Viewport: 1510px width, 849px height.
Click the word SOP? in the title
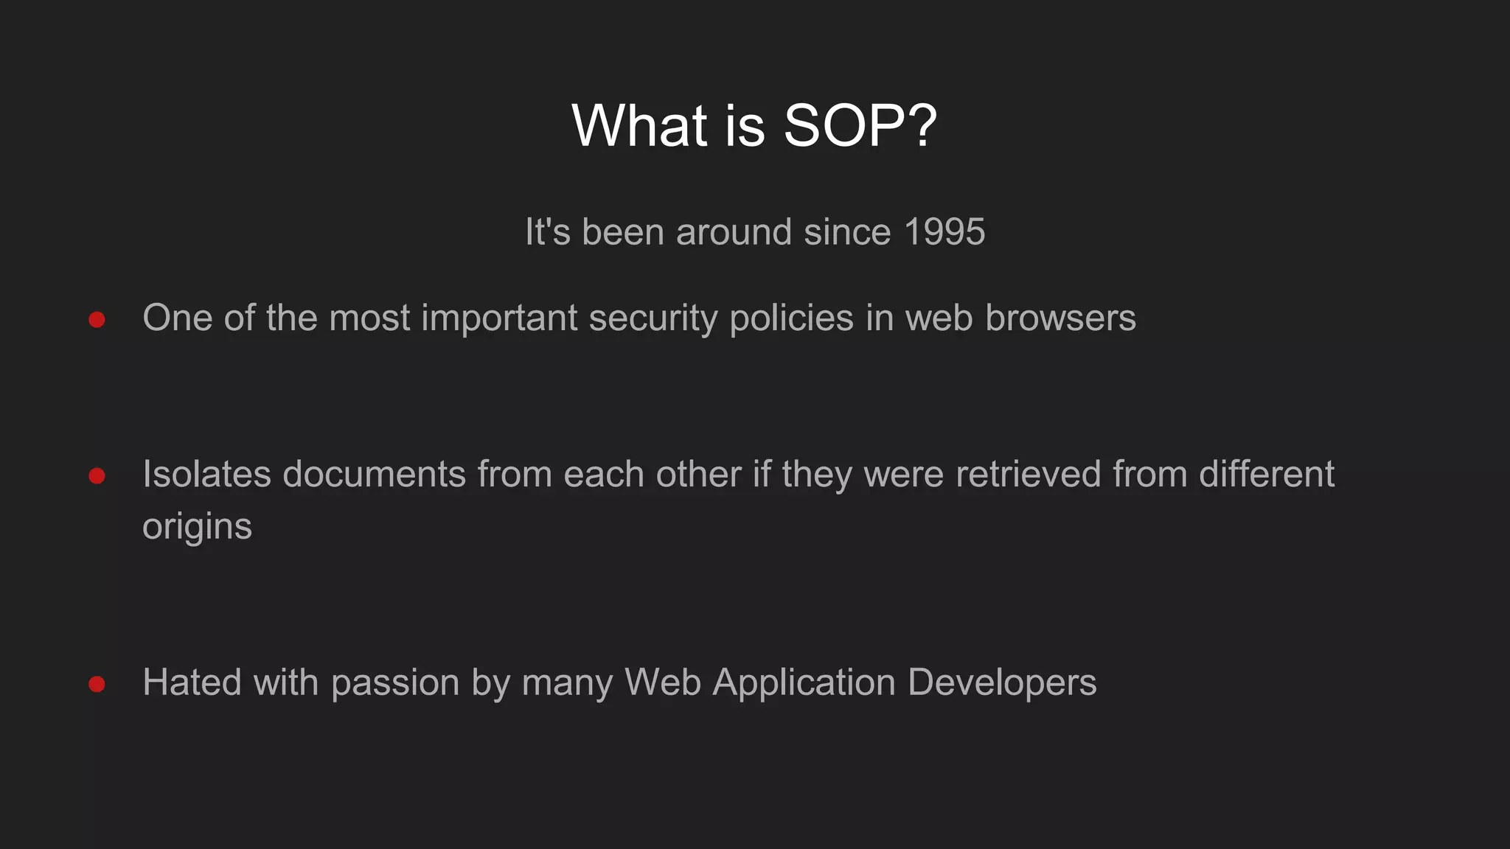(860, 126)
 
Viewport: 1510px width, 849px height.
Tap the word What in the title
(639, 126)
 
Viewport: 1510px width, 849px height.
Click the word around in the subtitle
(734, 232)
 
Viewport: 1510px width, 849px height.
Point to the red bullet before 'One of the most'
(97, 320)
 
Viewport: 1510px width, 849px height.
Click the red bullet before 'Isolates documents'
(97, 476)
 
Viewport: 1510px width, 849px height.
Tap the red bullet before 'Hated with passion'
(97, 685)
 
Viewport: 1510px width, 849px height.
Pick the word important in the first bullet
(499, 319)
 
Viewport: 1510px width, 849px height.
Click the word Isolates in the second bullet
(206, 474)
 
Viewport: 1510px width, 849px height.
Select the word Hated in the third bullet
(192, 682)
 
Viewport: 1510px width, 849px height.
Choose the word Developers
(1002, 683)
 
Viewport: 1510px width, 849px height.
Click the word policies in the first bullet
(791, 319)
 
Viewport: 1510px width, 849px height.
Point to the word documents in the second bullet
(374, 474)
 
